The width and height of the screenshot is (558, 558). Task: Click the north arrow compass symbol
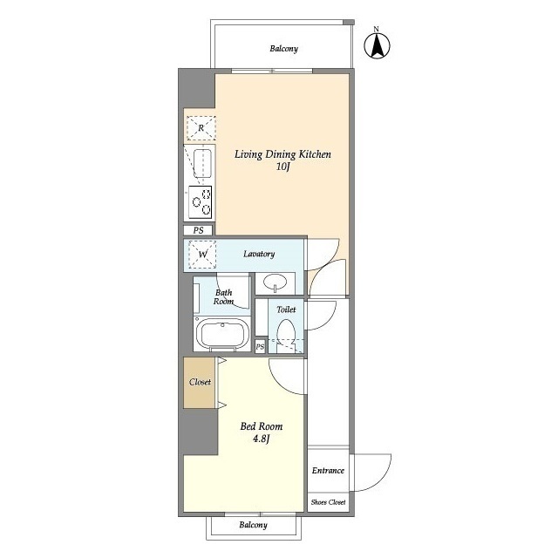click(377, 45)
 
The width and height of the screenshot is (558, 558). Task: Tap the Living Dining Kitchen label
click(282, 154)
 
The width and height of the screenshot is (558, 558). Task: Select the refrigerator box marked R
click(201, 128)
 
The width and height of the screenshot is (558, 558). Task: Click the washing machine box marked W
click(202, 254)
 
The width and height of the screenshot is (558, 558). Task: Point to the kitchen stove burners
click(201, 202)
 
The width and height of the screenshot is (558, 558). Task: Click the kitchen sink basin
click(202, 164)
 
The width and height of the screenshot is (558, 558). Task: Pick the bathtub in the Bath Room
click(223, 335)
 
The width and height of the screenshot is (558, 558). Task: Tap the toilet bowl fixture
click(286, 334)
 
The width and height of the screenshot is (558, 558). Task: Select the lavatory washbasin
click(276, 282)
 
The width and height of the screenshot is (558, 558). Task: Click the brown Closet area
click(200, 383)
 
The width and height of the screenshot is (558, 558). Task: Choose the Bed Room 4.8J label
click(262, 432)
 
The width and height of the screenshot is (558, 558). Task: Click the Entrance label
click(328, 471)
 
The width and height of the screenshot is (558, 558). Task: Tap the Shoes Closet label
click(328, 502)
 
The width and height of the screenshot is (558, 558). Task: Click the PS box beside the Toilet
click(260, 346)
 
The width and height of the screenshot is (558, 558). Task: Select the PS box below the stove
click(198, 230)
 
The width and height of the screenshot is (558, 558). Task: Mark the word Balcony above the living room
click(283, 49)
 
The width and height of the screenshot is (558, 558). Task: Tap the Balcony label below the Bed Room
click(253, 525)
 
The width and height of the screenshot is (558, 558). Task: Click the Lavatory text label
click(259, 254)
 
